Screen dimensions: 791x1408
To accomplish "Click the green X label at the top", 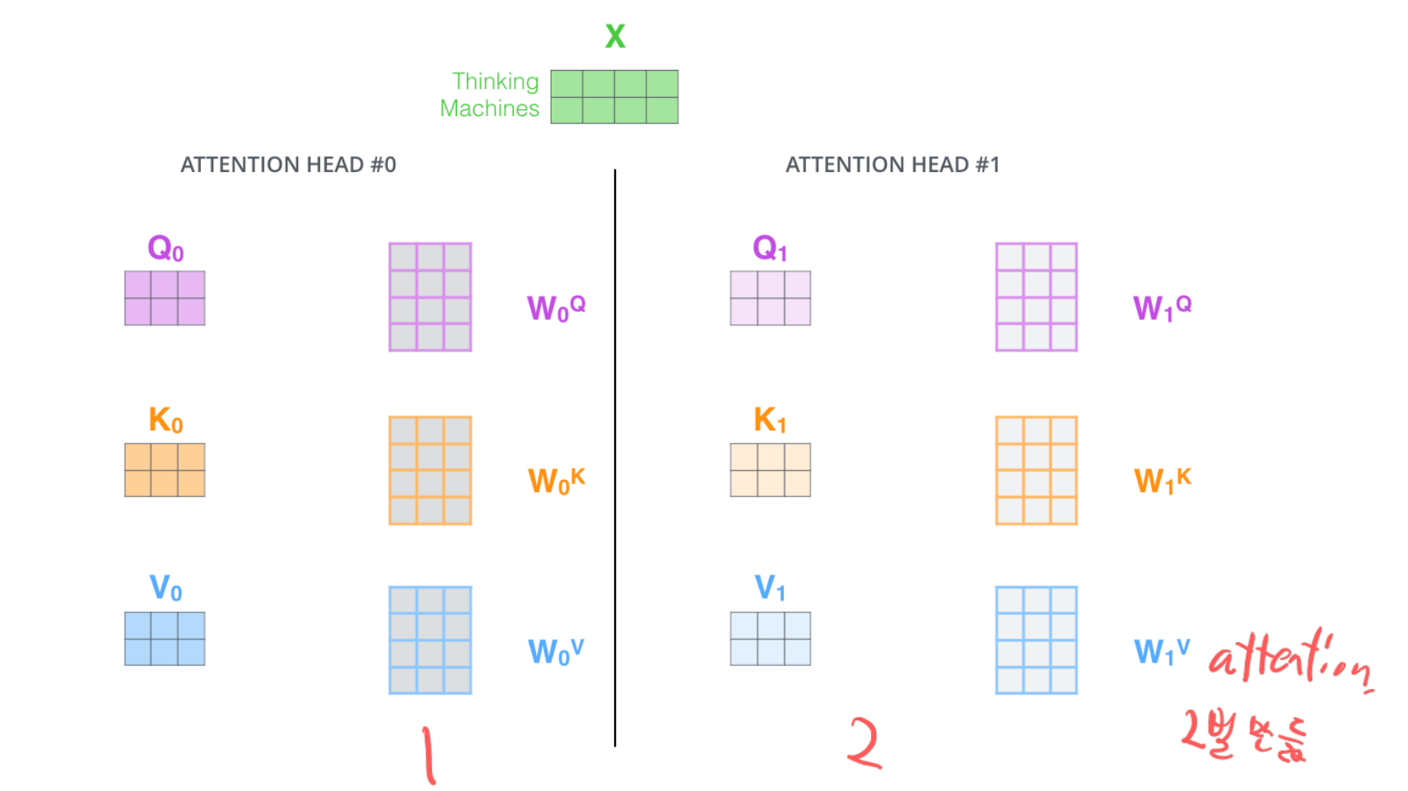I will (x=615, y=36).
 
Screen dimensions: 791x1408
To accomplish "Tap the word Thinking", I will (x=495, y=81).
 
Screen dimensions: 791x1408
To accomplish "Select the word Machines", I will (x=489, y=109).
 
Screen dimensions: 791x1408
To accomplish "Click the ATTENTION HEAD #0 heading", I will (x=288, y=165).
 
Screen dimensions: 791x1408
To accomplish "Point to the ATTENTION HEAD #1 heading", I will (x=893, y=165).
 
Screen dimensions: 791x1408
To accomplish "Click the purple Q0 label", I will (x=165, y=248).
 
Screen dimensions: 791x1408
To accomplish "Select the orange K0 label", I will (x=165, y=421).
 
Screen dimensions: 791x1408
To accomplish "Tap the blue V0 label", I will (x=165, y=589).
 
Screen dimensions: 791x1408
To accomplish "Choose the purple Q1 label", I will (x=770, y=248).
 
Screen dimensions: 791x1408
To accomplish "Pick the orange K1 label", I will (x=770, y=421).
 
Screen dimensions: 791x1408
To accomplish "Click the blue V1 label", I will (x=770, y=589).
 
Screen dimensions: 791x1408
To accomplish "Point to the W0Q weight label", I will (x=556, y=308).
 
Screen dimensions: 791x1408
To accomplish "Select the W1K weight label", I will (x=1162, y=480).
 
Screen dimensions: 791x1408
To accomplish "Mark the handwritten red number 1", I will (x=428, y=754).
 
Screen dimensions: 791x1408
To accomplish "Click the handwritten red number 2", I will (x=865, y=743).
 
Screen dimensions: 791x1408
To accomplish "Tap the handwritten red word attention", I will (x=1289, y=659).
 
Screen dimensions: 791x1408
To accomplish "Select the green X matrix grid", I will (x=614, y=97).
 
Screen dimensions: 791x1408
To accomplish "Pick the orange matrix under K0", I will (x=165, y=470).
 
